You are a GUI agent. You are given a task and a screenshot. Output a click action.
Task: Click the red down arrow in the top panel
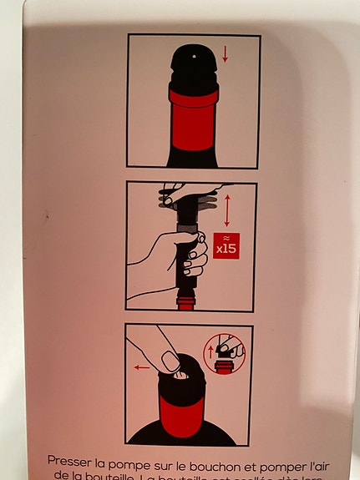tap(224, 54)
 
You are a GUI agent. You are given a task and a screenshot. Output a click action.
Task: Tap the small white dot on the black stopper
tap(194, 57)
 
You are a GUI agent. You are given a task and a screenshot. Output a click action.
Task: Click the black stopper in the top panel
tap(194, 71)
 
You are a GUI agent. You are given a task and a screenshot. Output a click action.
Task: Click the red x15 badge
tap(226, 245)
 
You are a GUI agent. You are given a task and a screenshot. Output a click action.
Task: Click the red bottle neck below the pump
tap(186, 301)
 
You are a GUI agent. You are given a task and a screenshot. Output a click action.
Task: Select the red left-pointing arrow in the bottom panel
tap(141, 366)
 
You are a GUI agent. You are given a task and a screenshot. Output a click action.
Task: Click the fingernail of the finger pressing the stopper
tap(170, 361)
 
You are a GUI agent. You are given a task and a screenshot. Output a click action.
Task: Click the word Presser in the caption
tap(70, 460)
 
